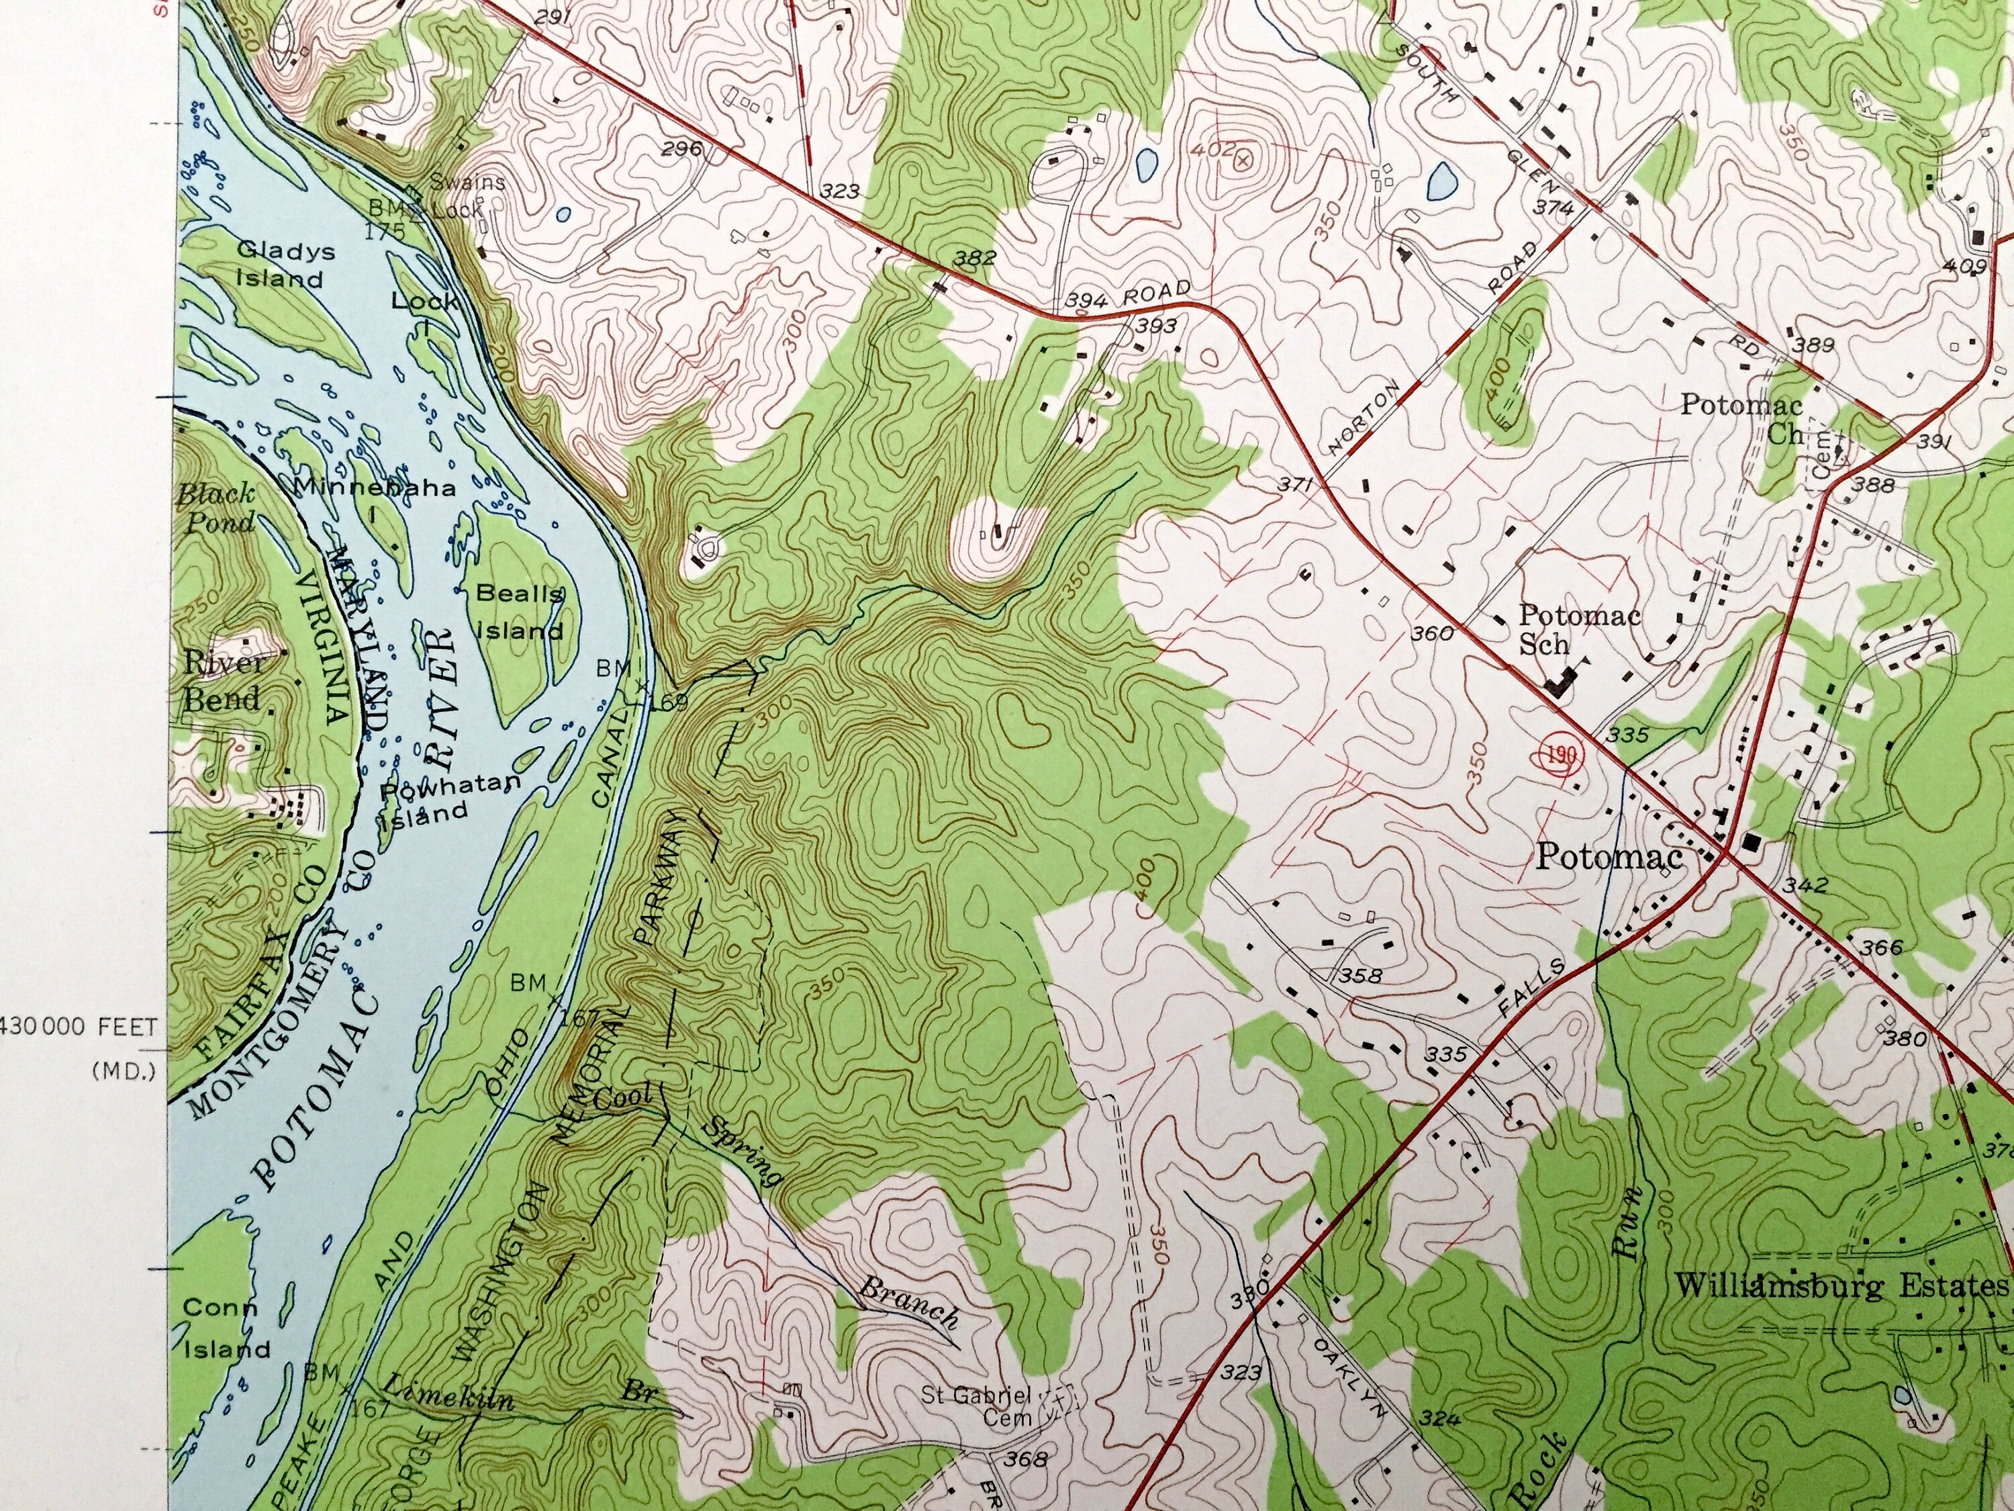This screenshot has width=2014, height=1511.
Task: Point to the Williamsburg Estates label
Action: [x=1841, y=1285]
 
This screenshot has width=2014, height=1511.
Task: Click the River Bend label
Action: [x=222, y=680]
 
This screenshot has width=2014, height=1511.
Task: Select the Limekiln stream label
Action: [x=447, y=1395]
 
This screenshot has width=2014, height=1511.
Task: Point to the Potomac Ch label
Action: [x=1740, y=418]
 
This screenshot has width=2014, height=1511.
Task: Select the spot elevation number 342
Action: [x=1805, y=884]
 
